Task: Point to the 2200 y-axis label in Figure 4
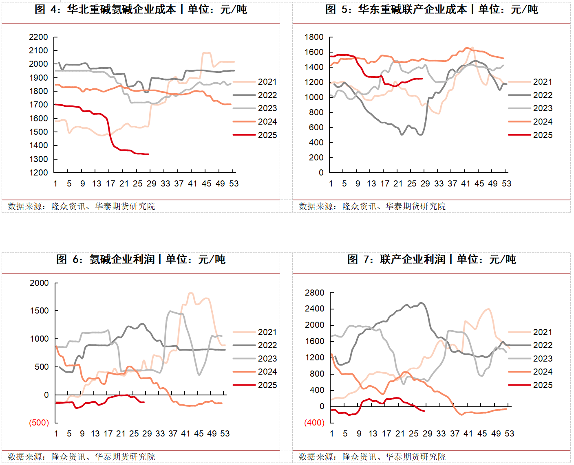(x=38, y=37)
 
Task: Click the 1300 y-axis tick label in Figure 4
(x=38, y=159)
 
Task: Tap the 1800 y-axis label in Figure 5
(x=314, y=37)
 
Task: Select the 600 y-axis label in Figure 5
(x=316, y=127)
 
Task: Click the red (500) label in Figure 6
(x=39, y=423)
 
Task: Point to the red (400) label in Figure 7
(x=314, y=423)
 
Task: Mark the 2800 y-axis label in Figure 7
(x=315, y=293)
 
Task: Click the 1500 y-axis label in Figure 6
(x=39, y=311)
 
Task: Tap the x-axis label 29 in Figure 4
(x=151, y=184)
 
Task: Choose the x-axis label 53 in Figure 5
(x=506, y=184)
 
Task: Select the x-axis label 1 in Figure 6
(x=56, y=434)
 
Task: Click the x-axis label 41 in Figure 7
(x=468, y=434)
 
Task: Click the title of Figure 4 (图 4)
(x=141, y=9)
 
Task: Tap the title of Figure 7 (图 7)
(x=431, y=259)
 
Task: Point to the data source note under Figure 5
(x=372, y=206)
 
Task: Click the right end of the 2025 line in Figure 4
(x=148, y=154)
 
